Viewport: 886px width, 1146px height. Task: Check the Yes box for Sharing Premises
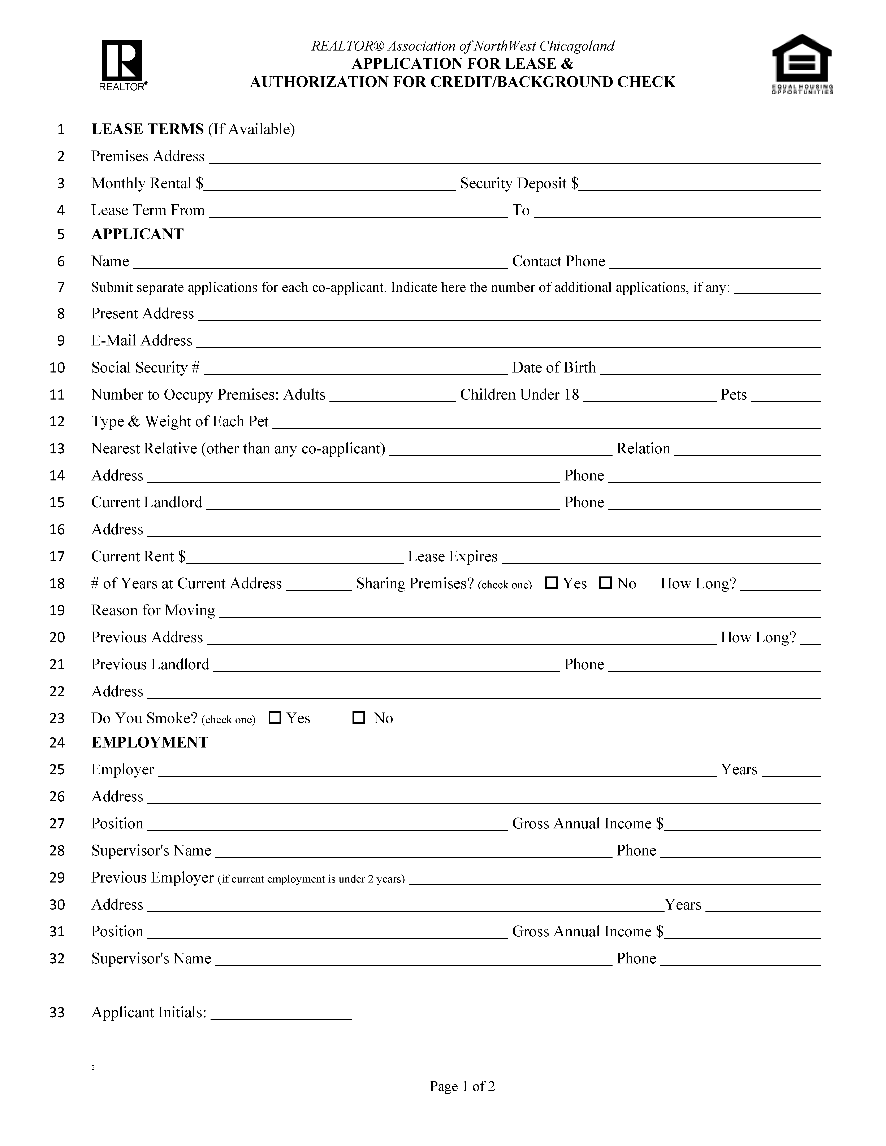point(551,583)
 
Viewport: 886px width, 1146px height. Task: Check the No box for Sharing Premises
point(605,583)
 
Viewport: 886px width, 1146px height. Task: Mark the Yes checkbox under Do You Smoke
point(275,717)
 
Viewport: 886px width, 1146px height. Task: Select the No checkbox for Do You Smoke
point(359,717)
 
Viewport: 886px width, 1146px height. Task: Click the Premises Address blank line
point(514,157)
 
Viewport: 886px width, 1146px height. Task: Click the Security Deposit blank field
point(700,184)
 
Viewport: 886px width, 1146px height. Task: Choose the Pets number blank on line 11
point(786,396)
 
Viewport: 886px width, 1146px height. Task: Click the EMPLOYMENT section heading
point(150,742)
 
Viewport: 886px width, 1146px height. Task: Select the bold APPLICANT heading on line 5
point(138,234)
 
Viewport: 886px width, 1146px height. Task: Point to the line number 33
point(57,1012)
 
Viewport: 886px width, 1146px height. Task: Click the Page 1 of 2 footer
point(462,1086)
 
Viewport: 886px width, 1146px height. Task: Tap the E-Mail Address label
point(142,341)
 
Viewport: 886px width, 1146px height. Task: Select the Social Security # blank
point(355,368)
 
